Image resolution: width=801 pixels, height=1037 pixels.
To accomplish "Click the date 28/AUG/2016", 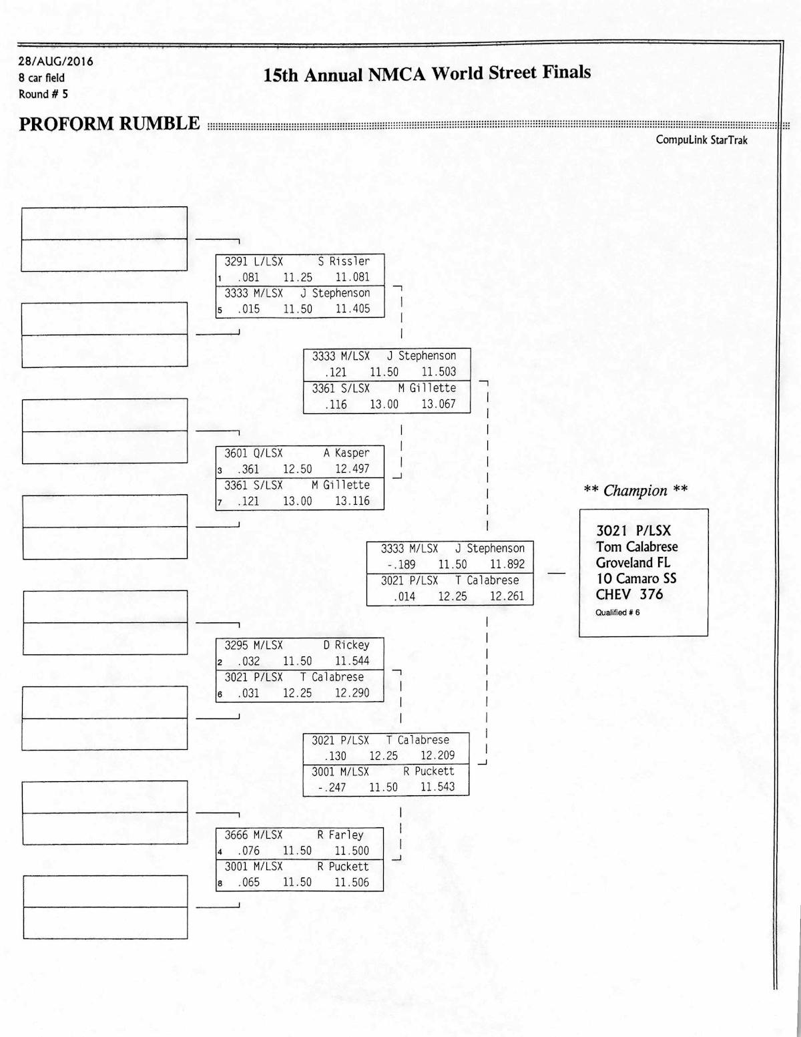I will point(55,61).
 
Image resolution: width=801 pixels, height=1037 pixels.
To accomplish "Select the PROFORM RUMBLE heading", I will point(109,124).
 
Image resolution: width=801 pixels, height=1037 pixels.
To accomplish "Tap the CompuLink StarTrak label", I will point(701,140).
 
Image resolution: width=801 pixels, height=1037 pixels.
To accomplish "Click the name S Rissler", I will point(343,261).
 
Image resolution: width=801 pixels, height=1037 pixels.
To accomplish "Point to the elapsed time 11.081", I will point(352,277).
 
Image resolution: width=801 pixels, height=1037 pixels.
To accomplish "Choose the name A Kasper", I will point(346,453).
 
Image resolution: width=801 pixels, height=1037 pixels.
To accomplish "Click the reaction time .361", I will point(248,469).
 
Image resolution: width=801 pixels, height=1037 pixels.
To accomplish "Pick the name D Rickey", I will point(346,645).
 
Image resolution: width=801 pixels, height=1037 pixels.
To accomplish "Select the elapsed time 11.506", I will point(351,882).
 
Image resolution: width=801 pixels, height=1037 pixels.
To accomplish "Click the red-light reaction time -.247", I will point(332,787).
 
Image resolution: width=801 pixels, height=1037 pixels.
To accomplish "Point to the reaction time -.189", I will point(400,564).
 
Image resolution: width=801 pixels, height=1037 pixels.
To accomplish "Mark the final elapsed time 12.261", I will point(507,596).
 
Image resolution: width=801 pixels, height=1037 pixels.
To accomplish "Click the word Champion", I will point(635,491).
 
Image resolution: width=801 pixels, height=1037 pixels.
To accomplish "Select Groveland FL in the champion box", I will point(633,562).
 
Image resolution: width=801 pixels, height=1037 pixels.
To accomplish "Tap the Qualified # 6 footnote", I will point(617,612).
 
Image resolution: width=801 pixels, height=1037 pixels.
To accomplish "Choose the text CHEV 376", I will point(629,594).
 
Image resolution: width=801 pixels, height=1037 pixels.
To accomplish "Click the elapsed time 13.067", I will point(438,404).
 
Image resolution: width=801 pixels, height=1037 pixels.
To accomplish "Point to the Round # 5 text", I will point(43,94).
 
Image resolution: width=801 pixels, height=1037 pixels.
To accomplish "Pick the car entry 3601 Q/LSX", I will point(254,453).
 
